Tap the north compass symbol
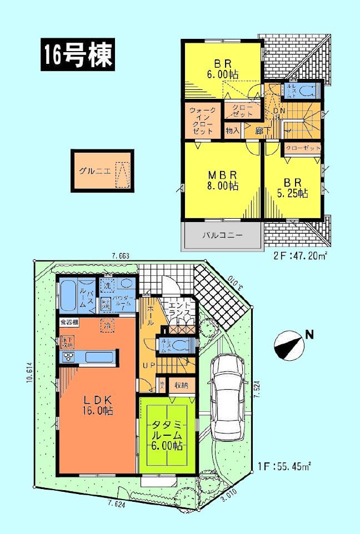coord(288,344)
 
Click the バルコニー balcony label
coord(221,235)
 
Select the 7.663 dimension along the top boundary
coord(120,256)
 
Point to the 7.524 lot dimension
coord(256,394)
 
